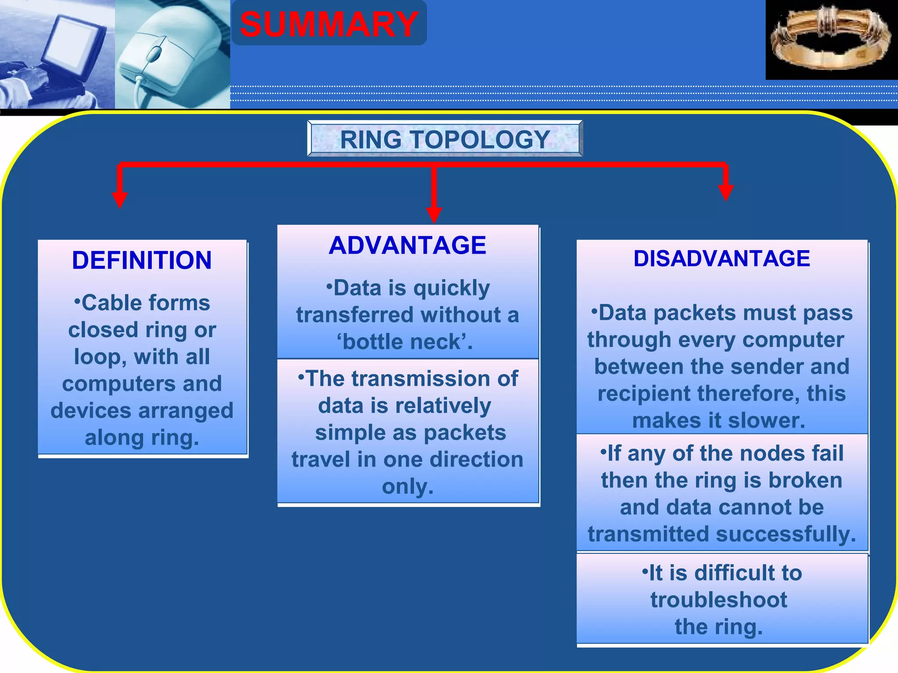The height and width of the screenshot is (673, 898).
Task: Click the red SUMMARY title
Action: pyautogui.click(x=329, y=25)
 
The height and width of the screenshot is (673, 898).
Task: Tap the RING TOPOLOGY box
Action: pyautogui.click(x=445, y=139)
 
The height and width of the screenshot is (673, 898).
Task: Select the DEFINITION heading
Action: pyautogui.click(x=142, y=260)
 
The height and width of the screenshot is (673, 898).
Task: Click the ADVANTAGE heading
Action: pyautogui.click(x=407, y=245)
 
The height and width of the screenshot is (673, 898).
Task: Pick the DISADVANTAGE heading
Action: pyautogui.click(x=722, y=258)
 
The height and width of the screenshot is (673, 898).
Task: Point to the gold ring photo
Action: pyautogui.click(x=830, y=39)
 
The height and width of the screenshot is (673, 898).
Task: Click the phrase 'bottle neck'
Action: pyautogui.click(x=404, y=342)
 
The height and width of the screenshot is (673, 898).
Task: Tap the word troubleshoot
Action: pyautogui.click(x=719, y=599)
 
